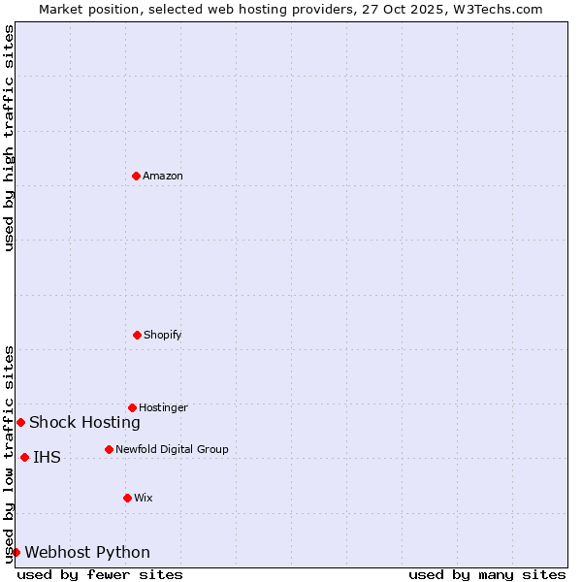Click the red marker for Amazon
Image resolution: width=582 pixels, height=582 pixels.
click(136, 176)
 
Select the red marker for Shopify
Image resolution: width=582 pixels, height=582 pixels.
click(137, 335)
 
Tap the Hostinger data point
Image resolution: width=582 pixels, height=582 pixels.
click(132, 407)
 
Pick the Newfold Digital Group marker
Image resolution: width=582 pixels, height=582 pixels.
click(109, 449)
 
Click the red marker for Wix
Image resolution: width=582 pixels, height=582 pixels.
click(127, 498)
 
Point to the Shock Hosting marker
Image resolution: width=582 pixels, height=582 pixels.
click(20, 422)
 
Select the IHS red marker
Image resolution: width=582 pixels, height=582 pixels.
click(24, 457)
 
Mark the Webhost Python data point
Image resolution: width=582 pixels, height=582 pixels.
click(16, 552)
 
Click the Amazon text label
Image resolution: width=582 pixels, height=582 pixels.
click(163, 176)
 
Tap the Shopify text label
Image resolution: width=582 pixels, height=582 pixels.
click(163, 335)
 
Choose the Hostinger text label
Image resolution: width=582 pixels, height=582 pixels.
click(163, 407)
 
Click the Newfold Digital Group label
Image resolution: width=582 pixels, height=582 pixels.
click(172, 449)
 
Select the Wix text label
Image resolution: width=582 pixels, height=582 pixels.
click(144, 498)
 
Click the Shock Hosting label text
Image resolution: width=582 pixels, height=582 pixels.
click(84, 422)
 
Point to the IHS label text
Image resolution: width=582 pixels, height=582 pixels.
click(47, 457)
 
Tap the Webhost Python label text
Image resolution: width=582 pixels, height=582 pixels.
click(87, 552)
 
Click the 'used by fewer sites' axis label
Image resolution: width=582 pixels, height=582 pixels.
click(100, 574)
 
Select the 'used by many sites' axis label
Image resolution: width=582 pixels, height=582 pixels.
click(487, 574)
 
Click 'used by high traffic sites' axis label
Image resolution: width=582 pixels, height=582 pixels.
click(9, 138)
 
